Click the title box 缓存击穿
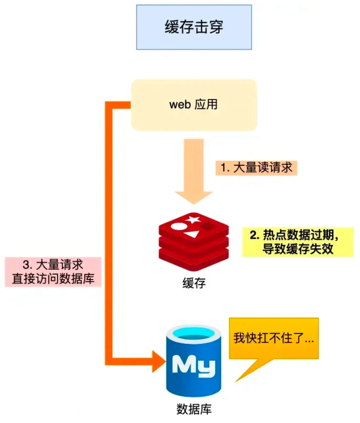194,27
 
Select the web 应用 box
194,105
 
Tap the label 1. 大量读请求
256,168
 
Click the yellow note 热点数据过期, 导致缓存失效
297,242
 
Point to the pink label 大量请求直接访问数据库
53,272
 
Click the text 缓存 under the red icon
193,284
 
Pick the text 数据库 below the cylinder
194,409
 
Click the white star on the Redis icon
193,219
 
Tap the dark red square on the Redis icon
209,226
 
